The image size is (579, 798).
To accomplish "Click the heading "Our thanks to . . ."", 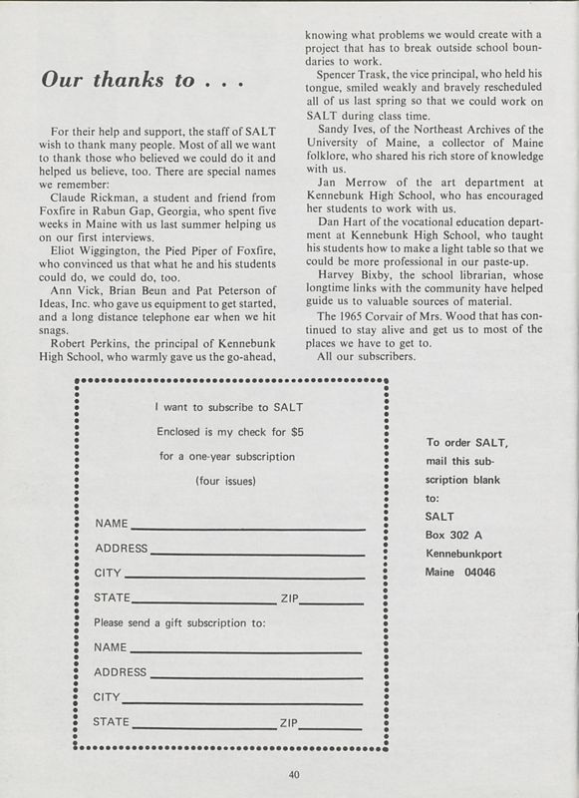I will (x=139, y=81).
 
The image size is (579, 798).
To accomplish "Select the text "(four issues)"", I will (x=228, y=481).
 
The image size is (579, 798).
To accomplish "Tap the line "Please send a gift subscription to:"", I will (x=179, y=622).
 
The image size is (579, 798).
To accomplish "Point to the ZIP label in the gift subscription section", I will (x=289, y=721).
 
